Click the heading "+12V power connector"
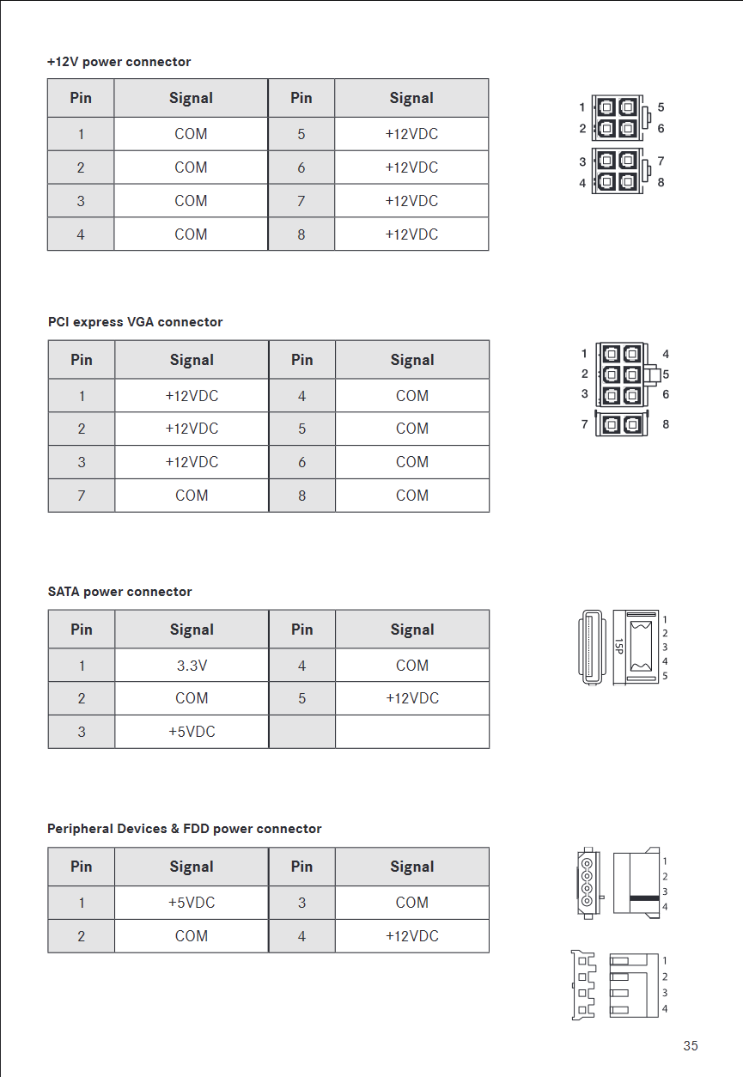[x=119, y=62]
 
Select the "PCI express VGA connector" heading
[x=135, y=322]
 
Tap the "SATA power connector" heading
[x=119, y=592]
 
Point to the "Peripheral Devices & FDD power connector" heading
[x=184, y=829]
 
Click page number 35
[x=691, y=1045]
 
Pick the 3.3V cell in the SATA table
[x=192, y=666]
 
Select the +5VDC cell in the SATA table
[x=192, y=732]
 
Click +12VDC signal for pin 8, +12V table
[x=411, y=234]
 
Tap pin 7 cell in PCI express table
[x=82, y=496]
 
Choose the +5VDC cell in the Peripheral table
[x=192, y=903]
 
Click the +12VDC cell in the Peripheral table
[x=411, y=936]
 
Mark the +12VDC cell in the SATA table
[x=411, y=698]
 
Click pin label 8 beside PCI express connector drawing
[x=666, y=424]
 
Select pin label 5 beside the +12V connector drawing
[x=661, y=107]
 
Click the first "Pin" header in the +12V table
[x=81, y=98]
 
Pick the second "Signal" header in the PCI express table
[x=411, y=360]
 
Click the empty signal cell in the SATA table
[x=411, y=732]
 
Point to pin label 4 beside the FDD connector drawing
[x=665, y=1009]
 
